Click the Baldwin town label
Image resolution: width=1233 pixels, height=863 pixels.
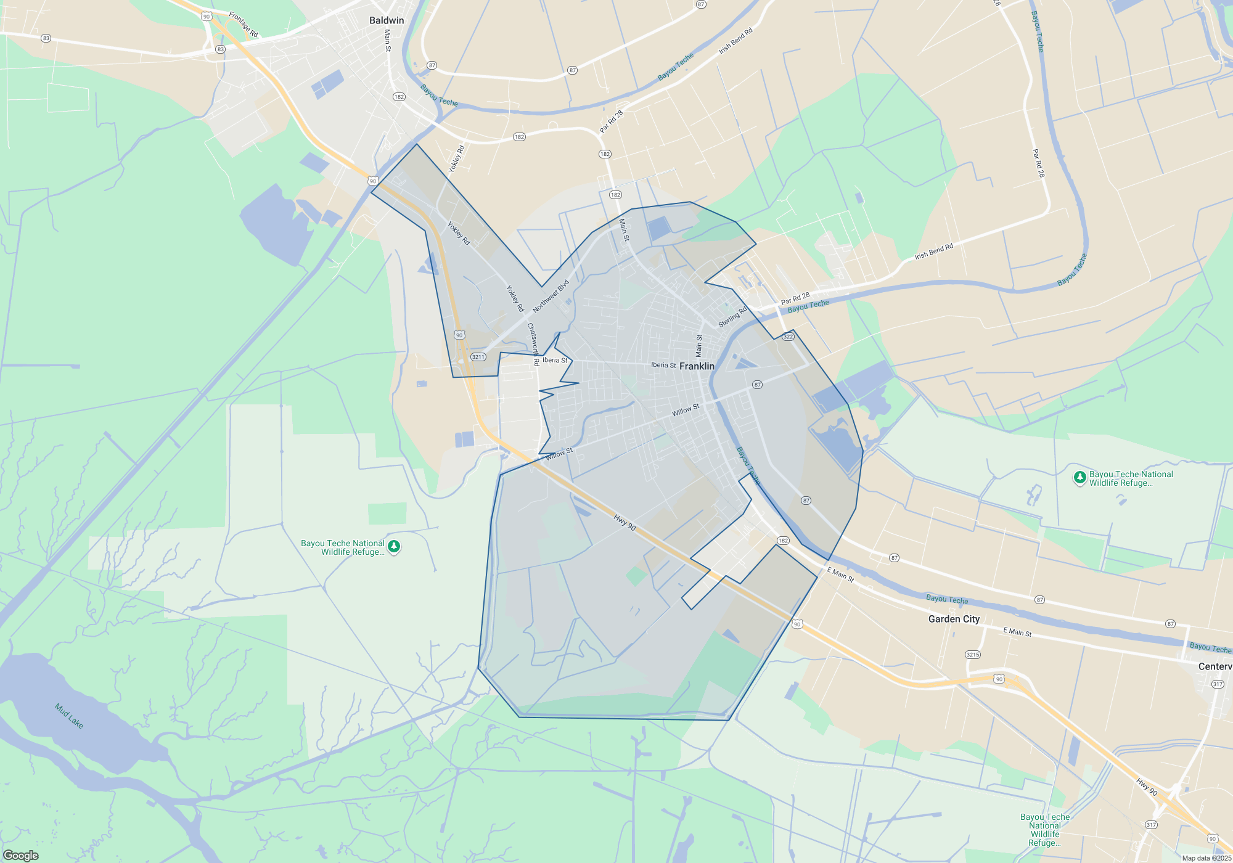click(x=387, y=20)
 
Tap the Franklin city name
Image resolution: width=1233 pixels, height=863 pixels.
click(x=697, y=366)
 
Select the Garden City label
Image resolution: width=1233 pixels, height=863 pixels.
click(x=954, y=619)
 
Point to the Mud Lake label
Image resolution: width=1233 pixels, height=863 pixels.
click(x=69, y=716)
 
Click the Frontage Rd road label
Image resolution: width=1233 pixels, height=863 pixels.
click(x=244, y=25)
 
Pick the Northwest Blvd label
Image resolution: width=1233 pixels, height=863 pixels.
click(x=551, y=297)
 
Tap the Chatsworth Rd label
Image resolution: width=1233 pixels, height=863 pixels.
click(x=533, y=345)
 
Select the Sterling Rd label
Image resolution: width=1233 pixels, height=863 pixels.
click(x=732, y=317)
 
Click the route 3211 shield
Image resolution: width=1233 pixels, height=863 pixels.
click(x=478, y=357)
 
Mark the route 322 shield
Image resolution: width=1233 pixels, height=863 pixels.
click(x=788, y=337)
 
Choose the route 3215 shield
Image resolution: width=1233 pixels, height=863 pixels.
click(x=973, y=655)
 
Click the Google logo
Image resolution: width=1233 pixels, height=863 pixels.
click(x=21, y=856)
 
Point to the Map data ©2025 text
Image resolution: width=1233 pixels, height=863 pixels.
click(x=1206, y=858)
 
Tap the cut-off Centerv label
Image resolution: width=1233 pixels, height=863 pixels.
click(x=1215, y=666)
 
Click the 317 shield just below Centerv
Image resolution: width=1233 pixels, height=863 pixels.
click(x=1218, y=684)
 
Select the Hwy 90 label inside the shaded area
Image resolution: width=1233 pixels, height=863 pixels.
click(x=625, y=523)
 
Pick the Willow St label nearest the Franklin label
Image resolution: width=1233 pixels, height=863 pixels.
click(x=686, y=410)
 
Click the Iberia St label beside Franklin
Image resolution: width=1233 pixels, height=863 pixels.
click(x=663, y=365)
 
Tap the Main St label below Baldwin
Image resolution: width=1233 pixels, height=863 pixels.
click(x=388, y=40)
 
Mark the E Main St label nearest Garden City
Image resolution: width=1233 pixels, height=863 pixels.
click(x=1017, y=632)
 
